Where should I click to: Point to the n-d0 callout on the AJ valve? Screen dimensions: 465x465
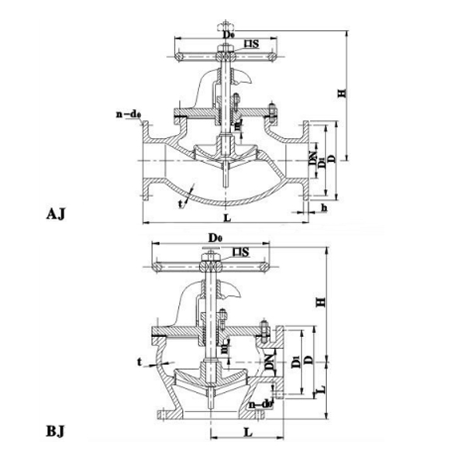coord(127,115)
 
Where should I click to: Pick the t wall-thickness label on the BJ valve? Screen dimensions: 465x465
coord(139,361)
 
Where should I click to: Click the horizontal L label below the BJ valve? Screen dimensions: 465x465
coord(246,428)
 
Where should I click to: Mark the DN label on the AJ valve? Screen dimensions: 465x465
coord(312,162)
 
